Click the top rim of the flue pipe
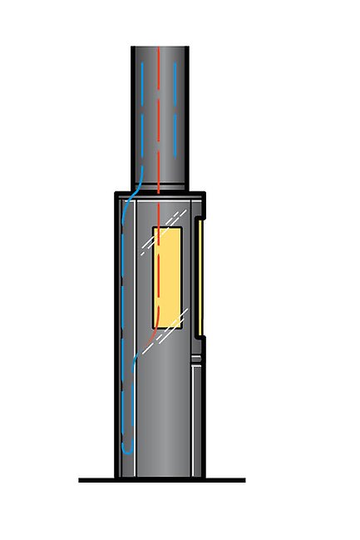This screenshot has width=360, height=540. click(x=160, y=47)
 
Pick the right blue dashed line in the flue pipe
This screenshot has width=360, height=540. click(x=176, y=116)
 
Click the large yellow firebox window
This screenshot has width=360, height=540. click(x=167, y=279)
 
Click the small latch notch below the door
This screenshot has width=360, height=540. click(x=196, y=359)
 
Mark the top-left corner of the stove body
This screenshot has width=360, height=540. click(x=116, y=194)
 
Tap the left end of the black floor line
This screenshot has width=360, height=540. click(x=81, y=480)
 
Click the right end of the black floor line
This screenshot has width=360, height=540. click(x=244, y=480)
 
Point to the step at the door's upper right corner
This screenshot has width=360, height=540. click(x=200, y=220)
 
